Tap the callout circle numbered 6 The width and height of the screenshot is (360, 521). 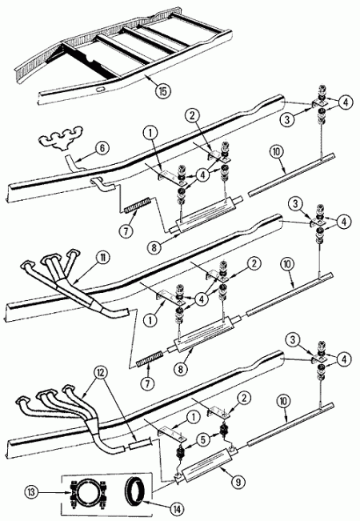(102, 147)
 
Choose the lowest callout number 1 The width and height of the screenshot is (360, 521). (192, 417)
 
